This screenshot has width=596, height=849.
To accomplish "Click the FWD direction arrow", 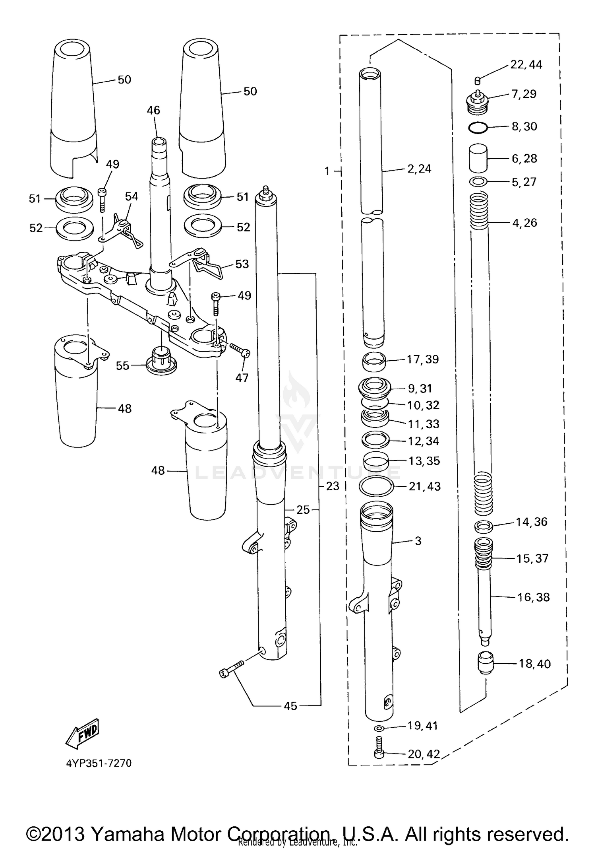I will (x=81, y=732).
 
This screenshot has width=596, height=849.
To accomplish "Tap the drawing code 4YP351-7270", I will (x=99, y=763).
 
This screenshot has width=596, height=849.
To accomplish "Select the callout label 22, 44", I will (x=526, y=64).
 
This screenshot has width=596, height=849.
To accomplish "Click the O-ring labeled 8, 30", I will (x=478, y=128).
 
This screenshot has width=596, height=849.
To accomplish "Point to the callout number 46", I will (x=153, y=110).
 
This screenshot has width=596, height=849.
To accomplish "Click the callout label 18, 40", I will (x=534, y=663).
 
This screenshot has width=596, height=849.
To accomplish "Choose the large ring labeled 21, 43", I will (x=376, y=486).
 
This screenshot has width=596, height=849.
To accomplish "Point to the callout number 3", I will (x=418, y=541).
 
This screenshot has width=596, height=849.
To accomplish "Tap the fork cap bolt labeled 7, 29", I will (x=478, y=102).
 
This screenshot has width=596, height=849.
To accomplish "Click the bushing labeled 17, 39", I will (x=375, y=361).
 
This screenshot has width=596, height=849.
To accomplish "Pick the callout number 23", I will (x=333, y=486).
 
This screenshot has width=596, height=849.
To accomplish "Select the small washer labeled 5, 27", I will (x=478, y=182).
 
